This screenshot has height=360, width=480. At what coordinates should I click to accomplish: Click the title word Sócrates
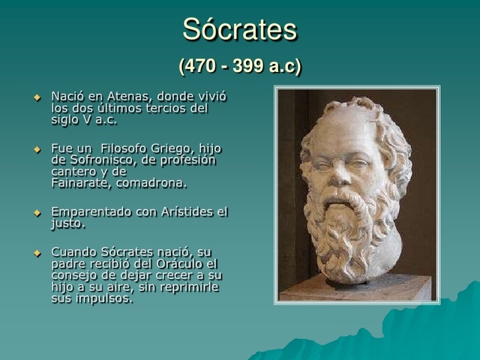point(240,30)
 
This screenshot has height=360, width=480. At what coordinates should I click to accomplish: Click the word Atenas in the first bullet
point(127,97)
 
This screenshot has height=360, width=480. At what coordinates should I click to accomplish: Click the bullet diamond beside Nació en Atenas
point(37,98)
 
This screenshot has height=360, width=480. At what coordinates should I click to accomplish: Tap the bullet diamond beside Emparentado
point(37,214)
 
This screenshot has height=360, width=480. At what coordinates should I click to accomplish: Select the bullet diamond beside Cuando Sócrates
point(37,253)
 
